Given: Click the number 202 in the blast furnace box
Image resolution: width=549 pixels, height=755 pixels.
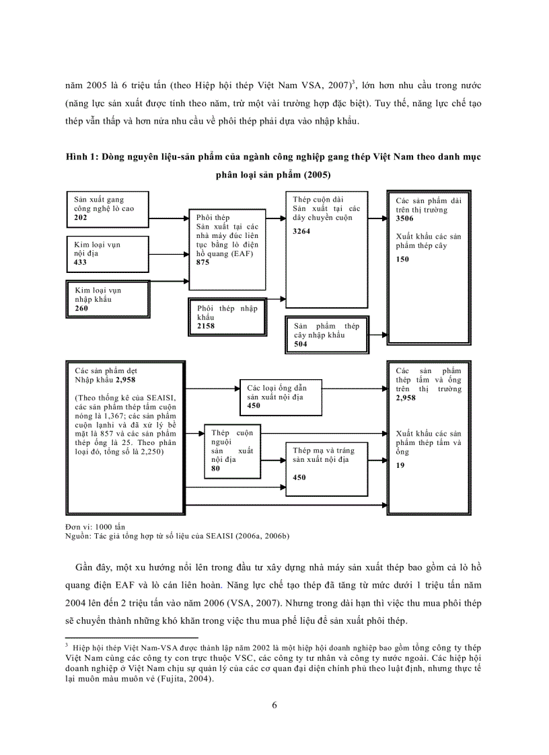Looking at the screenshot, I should pos(81,218).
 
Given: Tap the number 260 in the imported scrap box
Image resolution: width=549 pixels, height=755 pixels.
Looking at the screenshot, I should pos(82,308).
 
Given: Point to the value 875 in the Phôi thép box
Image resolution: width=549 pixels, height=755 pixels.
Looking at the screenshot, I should pos(204,262).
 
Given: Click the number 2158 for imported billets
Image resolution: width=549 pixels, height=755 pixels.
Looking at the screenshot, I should pos(206,326).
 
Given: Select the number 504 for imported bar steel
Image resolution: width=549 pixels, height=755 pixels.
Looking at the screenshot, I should pos(301,344).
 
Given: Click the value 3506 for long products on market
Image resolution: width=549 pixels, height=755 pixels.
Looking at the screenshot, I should pos(406,219).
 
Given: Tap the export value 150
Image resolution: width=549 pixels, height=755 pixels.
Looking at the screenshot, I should pos(403,259).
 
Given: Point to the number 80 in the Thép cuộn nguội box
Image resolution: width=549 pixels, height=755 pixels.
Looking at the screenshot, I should pos(215,469).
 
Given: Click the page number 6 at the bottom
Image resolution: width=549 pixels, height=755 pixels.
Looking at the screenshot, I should pos(274,705).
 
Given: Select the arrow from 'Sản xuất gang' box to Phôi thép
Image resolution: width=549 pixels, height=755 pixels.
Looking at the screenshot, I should pos(168,218).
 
